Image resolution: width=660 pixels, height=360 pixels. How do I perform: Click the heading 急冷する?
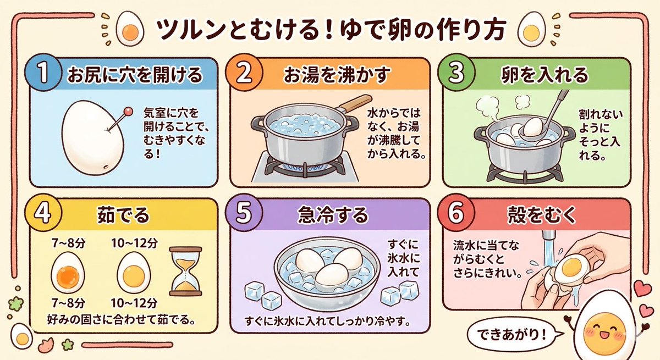coord(332,215)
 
